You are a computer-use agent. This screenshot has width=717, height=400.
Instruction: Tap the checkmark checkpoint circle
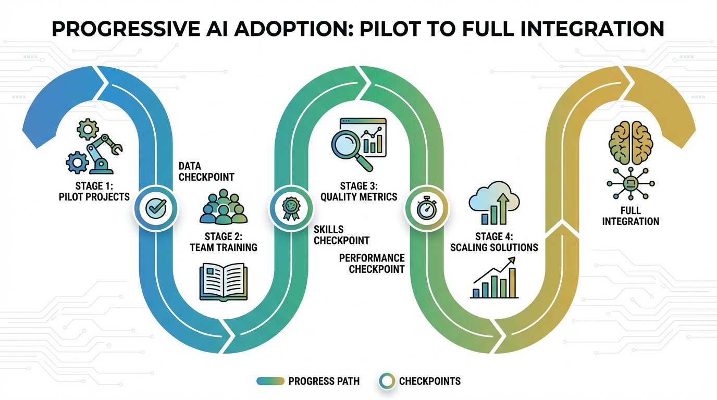point(155,208)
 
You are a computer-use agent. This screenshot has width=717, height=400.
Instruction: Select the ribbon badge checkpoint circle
point(290,208)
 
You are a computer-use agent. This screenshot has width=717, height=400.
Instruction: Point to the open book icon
point(225,282)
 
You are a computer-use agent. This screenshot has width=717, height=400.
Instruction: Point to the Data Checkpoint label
point(206,171)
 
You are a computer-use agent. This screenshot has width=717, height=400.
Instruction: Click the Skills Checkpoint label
point(341,235)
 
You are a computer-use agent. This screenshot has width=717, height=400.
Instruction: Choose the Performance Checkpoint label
point(372,264)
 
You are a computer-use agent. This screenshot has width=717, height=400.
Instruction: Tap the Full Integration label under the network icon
point(631,216)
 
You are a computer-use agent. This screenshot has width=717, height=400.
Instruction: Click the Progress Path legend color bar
point(270,381)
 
